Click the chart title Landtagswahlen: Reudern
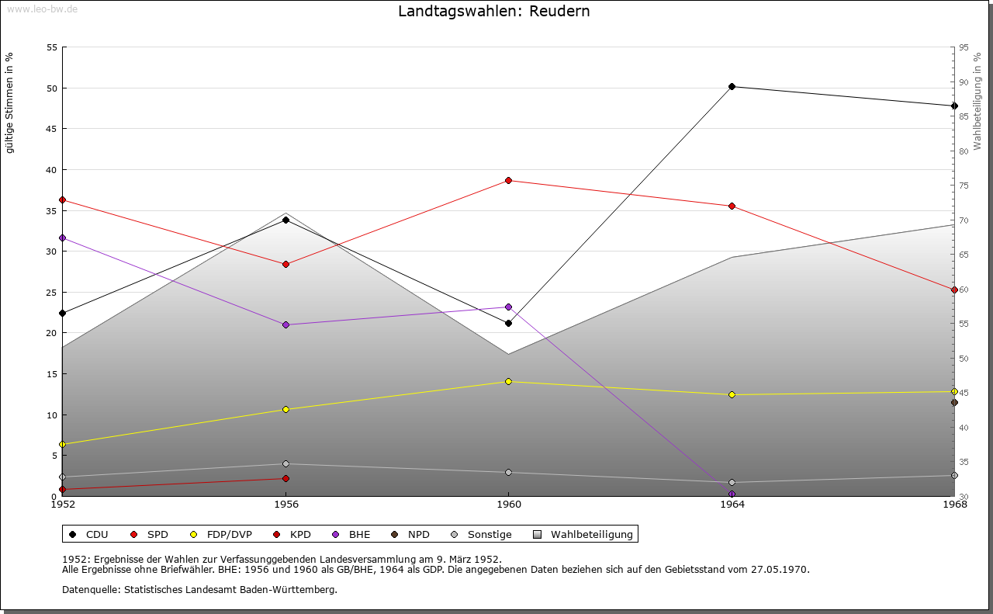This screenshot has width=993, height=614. pos(493,12)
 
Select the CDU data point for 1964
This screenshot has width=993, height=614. pos(732,86)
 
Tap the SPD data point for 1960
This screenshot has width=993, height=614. pos(508,180)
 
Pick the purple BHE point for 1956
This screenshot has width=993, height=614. pos(285,324)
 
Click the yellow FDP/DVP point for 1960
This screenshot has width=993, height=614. pos(508,381)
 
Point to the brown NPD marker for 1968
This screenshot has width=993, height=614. pos(954,402)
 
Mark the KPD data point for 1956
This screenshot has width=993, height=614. pos(285,478)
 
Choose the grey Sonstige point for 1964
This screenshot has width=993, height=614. pos(732,482)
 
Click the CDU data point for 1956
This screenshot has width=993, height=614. pos(285,220)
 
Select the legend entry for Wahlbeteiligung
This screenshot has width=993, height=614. pos(591,534)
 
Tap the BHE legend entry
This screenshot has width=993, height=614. pos(359,534)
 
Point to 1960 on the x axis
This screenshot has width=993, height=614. pos(508,505)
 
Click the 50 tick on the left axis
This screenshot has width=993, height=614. pos(52,88)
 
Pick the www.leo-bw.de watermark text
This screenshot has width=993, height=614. pos(41,8)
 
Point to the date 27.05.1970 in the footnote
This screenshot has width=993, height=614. pos(780,570)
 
